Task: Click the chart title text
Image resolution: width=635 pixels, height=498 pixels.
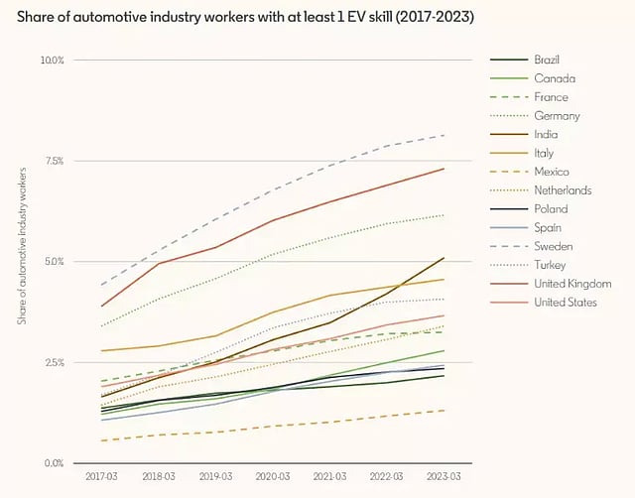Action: [245, 17]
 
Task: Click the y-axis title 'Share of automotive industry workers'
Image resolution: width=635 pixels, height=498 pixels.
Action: [23, 246]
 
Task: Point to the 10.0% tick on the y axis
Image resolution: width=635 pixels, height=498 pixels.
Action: [53, 60]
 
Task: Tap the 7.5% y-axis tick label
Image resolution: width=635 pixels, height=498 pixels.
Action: [55, 161]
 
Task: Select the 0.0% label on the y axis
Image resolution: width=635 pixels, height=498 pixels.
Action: [55, 462]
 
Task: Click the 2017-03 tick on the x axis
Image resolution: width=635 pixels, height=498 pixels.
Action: [101, 476]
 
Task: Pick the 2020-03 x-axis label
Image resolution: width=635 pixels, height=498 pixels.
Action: [273, 476]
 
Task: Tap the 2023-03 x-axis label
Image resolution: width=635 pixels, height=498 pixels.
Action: [444, 476]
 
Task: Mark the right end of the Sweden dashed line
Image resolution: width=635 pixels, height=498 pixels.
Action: [444, 135]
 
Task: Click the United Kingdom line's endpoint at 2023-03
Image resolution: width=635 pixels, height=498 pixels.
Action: [444, 169]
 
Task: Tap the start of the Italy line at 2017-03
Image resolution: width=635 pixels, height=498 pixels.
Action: [101, 350]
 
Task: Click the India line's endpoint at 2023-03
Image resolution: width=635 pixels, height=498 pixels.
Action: [444, 258]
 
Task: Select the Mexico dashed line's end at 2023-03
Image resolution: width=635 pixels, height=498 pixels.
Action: [444, 411]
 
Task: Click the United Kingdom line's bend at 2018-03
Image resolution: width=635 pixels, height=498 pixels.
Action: [159, 264]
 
